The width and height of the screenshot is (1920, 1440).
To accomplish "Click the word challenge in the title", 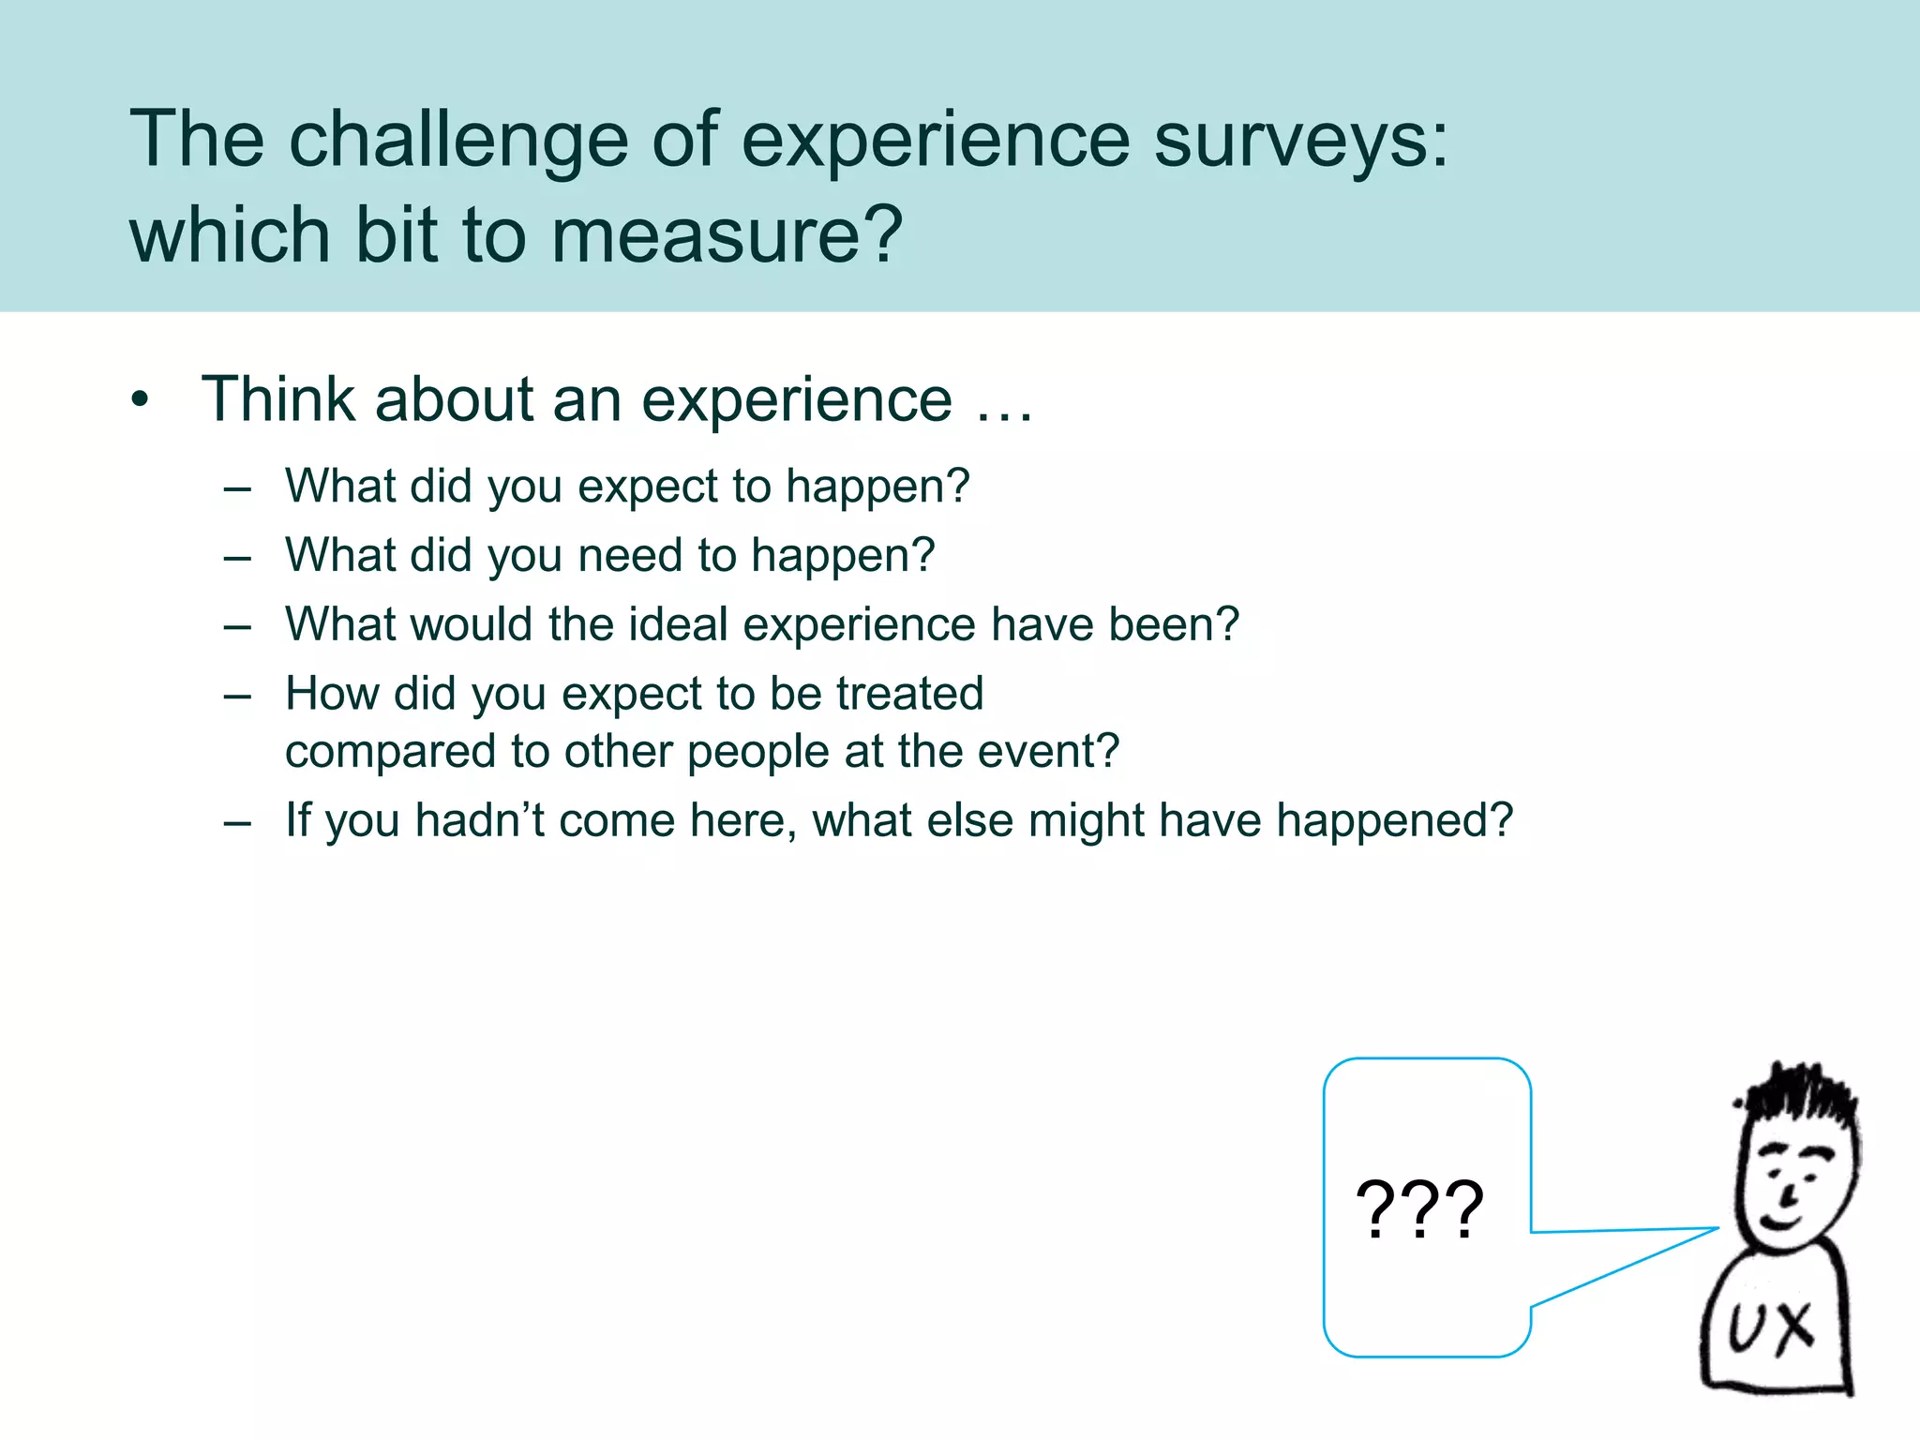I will click(457, 141).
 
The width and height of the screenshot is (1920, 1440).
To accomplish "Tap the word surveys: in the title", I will click(1300, 141).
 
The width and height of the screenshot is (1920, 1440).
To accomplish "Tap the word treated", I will click(909, 694).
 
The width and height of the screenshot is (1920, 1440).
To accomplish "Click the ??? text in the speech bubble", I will click(1419, 1210).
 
